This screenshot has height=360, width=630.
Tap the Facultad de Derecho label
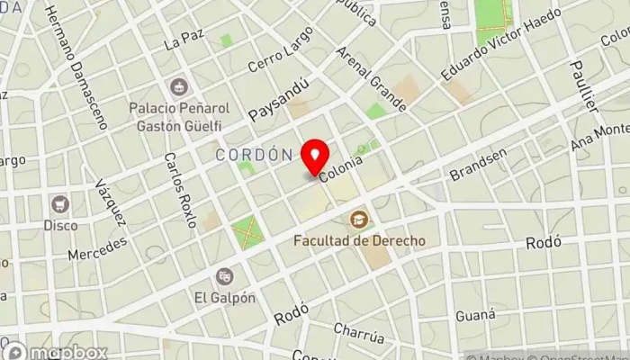(359, 241)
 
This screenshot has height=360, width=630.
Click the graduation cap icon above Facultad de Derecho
(359, 219)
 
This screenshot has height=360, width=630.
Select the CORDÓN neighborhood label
(255, 155)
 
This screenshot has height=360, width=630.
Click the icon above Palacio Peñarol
(177, 86)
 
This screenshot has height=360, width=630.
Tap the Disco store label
(60, 225)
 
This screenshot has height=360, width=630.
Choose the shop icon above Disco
(60, 203)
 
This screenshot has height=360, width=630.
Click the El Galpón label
(224, 297)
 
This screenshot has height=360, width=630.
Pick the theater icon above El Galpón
(224, 275)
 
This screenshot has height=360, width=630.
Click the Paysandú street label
(279, 101)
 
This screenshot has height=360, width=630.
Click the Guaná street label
(475, 314)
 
